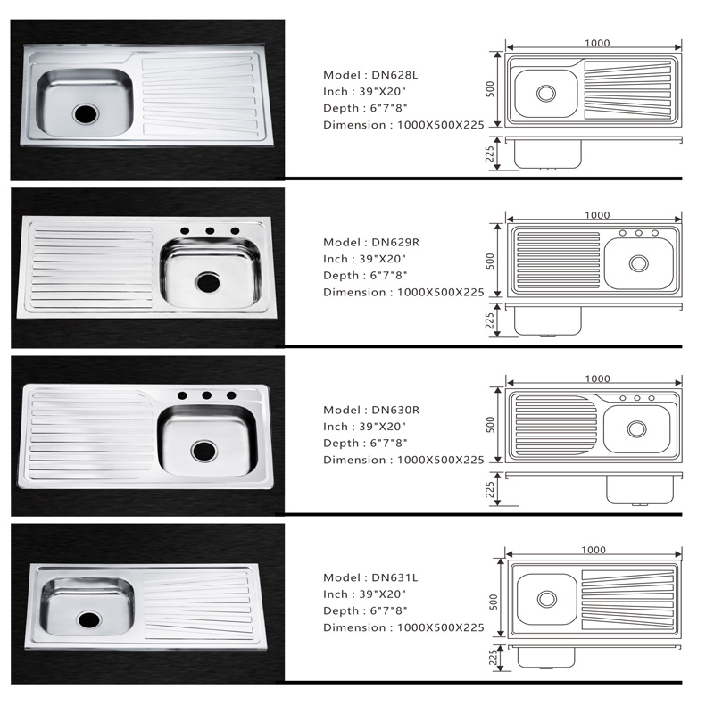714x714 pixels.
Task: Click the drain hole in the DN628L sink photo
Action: point(85,113)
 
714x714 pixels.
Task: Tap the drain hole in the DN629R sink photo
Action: point(208,282)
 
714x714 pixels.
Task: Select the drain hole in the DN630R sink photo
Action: point(204,451)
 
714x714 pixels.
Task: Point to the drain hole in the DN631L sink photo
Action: point(89,619)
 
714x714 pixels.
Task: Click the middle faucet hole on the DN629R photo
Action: point(210,231)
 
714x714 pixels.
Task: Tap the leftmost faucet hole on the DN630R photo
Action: point(182,395)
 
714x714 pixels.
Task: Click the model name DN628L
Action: point(394,75)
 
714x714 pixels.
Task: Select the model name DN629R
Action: point(395,242)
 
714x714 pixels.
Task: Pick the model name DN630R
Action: point(395,410)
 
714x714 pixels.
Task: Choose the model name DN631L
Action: point(394,577)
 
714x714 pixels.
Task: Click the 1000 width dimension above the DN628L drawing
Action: point(597,43)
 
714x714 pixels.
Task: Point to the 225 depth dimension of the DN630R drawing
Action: point(490,489)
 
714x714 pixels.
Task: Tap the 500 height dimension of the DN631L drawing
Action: point(494,602)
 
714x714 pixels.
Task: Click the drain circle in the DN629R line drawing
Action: point(638,263)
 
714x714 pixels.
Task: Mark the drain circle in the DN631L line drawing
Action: point(547,599)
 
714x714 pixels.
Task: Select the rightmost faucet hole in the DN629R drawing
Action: point(655,233)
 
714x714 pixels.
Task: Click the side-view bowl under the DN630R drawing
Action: point(640,490)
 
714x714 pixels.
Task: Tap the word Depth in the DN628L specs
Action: point(341,108)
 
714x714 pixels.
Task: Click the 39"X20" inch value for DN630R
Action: point(382,427)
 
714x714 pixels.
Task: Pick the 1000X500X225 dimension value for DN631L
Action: point(440,627)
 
